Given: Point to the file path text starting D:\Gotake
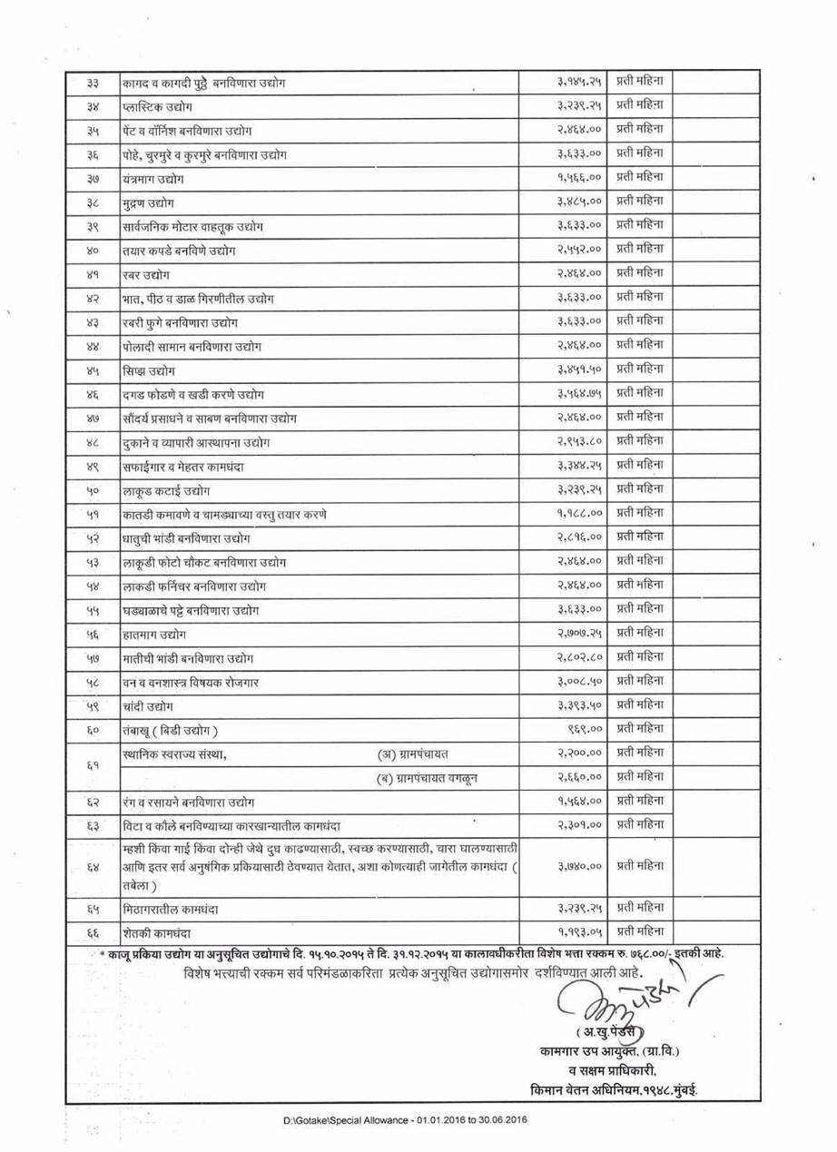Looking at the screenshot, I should [x=405, y=1120].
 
